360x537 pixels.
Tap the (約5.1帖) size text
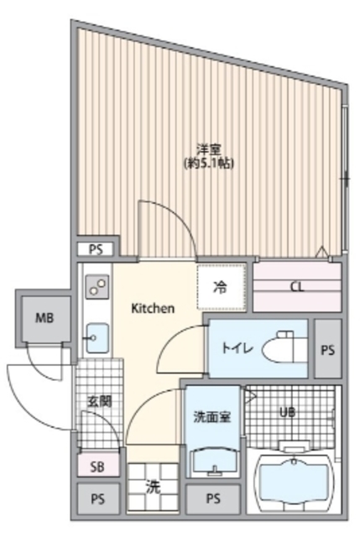208,163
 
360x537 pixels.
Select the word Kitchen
152,309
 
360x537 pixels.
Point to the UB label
289,412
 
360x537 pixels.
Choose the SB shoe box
97,464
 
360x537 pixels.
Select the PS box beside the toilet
327,349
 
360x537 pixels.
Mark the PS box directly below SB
98,498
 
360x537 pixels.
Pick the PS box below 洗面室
212,499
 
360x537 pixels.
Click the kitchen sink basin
94,337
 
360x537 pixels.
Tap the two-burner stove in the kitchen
94,289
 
